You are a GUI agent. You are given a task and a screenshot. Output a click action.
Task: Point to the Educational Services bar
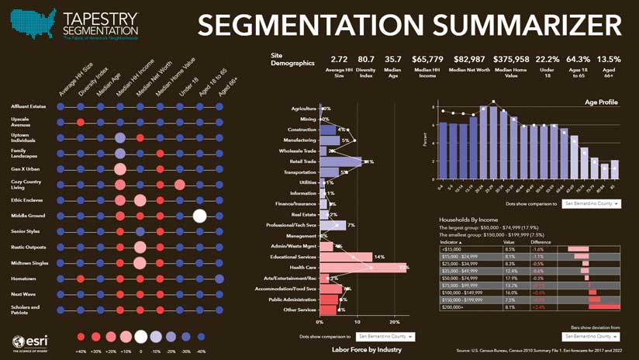pos(346,257)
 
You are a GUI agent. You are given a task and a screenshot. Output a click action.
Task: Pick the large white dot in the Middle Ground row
pos(199,216)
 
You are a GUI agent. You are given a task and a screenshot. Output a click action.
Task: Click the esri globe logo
pos(19,342)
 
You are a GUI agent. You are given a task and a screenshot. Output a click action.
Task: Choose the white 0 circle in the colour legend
pos(140,337)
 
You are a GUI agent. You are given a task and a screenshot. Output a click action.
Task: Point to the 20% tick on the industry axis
pos(394,321)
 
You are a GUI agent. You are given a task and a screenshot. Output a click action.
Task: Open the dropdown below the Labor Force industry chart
pos(385,337)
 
